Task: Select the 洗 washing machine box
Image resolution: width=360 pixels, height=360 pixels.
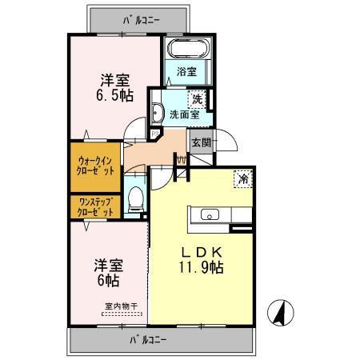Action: tap(196, 99)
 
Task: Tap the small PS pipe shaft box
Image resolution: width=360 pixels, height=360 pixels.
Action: tap(144, 134)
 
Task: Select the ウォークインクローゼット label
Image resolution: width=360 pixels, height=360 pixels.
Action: tap(95, 165)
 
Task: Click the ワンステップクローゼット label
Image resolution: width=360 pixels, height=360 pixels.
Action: tap(95, 207)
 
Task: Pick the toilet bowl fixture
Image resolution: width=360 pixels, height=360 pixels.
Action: tap(135, 196)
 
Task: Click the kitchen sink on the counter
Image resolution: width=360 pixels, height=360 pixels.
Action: tap(210, 214)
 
